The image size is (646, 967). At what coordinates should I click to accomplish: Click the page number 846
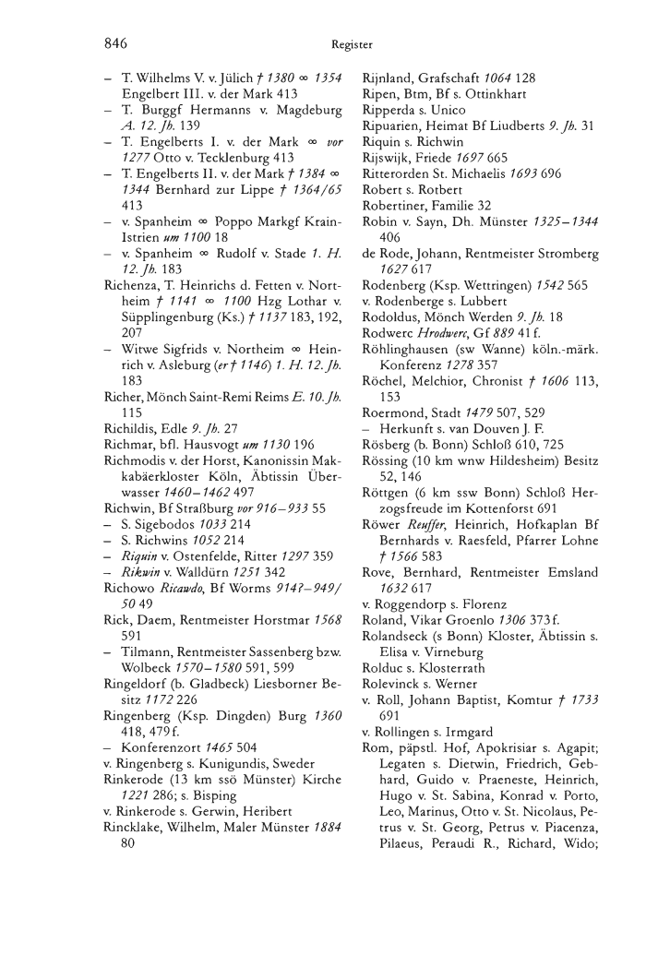coord(114,42)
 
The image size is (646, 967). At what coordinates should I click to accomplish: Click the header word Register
coord(353,43)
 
